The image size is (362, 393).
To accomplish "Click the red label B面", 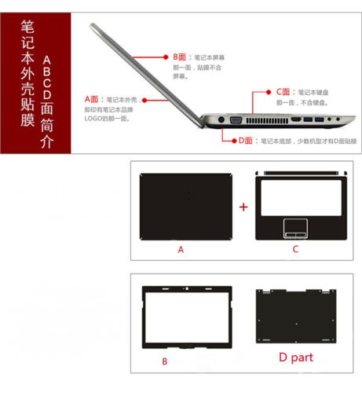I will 181,57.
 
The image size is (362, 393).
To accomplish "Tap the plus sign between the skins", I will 243,208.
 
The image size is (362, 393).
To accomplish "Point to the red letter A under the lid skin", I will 180,249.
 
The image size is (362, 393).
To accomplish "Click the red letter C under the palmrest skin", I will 295,249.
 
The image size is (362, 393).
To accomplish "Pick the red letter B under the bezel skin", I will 164,361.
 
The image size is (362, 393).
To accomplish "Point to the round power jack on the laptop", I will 221,120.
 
